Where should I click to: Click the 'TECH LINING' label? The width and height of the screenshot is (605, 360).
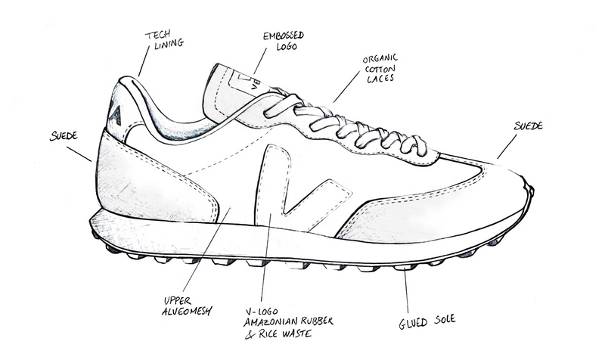164,40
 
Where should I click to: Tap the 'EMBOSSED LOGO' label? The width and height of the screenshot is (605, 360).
284,41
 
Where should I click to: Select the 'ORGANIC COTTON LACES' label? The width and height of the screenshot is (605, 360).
380,69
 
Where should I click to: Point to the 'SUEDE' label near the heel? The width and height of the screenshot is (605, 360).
64,136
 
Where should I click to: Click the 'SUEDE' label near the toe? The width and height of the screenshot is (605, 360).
528,126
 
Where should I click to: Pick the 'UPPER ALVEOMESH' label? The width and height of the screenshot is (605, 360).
187,306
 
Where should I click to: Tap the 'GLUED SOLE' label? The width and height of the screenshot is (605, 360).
427,321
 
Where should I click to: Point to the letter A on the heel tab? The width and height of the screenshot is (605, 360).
116,115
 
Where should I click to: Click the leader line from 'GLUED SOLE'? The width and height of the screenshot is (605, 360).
406,290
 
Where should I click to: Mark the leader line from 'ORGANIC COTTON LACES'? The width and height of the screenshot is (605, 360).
347,87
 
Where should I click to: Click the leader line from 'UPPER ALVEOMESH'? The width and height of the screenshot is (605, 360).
206,250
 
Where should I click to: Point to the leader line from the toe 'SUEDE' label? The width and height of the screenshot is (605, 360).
507,147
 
